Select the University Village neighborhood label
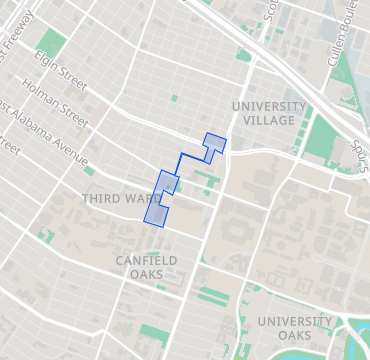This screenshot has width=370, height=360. pos(269,113)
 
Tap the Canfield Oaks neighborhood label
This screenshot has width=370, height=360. pos(146,267)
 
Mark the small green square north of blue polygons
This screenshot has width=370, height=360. pos(173,98)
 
